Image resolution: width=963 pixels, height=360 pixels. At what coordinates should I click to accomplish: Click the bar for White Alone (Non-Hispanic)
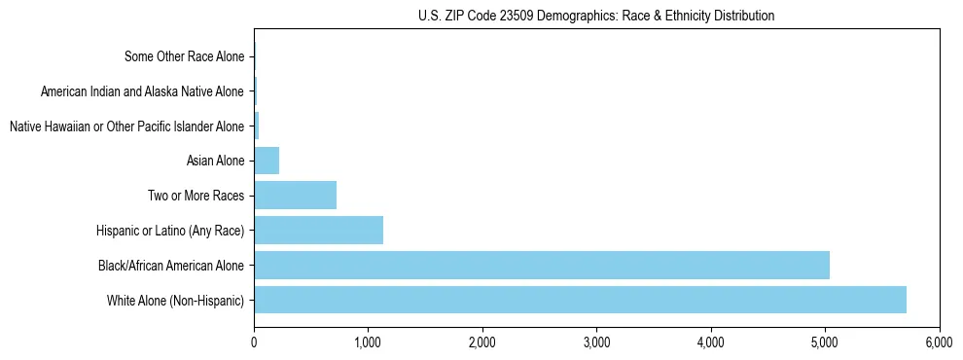580,300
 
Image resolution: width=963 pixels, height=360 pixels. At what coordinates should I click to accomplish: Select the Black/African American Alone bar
542,265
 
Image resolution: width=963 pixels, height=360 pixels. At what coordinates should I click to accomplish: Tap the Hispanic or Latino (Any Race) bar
318,230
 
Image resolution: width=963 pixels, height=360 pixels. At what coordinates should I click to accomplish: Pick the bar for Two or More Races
295,196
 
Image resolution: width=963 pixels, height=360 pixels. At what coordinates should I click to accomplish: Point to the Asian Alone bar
267,161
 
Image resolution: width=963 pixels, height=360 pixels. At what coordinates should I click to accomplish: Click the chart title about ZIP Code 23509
596,17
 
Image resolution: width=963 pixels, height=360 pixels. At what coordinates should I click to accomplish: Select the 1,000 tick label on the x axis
368,342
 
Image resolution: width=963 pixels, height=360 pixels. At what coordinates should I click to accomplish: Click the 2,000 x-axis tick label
482,342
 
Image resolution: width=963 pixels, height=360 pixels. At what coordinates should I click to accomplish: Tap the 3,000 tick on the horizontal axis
596,342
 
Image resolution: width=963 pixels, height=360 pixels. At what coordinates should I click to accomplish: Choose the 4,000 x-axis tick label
711,342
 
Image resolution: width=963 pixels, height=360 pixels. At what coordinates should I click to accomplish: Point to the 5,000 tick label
825,342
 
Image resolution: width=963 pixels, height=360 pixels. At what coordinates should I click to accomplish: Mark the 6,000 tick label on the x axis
940,342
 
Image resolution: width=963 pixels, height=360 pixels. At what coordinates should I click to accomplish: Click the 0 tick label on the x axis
254,342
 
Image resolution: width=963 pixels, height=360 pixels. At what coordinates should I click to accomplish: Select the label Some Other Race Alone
185,56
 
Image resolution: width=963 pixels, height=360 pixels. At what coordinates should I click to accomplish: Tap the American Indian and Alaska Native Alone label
143,91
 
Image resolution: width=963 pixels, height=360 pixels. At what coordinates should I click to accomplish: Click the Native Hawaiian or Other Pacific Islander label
126,126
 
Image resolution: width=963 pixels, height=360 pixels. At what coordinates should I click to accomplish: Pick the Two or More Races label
196,196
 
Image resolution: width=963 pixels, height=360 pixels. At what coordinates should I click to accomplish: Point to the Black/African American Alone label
171,265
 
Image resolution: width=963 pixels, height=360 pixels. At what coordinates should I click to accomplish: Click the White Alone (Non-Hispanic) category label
176,300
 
